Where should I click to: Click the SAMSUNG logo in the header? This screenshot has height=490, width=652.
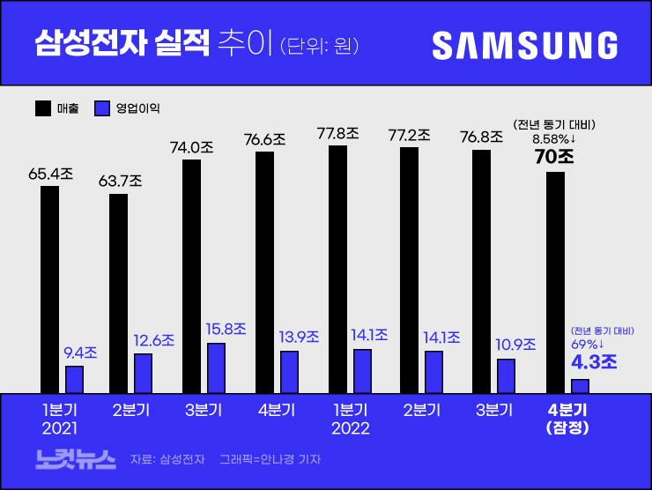point(525,45)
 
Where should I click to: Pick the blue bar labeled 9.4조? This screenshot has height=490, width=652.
point(75,379)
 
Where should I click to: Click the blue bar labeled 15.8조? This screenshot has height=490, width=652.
point(216,367)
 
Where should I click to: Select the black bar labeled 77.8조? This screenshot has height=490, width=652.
point(337,269)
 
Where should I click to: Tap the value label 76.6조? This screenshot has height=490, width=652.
point(264,138)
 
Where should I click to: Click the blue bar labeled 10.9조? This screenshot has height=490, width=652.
point(506,375)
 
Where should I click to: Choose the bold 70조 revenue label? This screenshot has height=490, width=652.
point(554,157)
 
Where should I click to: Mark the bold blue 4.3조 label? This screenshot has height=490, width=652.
point(594,361)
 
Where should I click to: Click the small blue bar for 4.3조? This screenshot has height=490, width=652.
point(579,386)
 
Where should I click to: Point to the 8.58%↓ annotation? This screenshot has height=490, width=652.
point(554,138)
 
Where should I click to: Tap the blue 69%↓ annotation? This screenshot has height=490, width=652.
point(588,344)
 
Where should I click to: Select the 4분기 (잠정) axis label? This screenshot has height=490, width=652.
point(567,419)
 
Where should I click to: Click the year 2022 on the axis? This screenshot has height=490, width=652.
point(351,428)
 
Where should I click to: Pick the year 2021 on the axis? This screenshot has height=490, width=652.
point(60,428)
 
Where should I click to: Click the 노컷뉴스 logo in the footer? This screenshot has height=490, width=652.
point(75,458)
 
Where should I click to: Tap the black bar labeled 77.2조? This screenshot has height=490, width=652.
point(409,270)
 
